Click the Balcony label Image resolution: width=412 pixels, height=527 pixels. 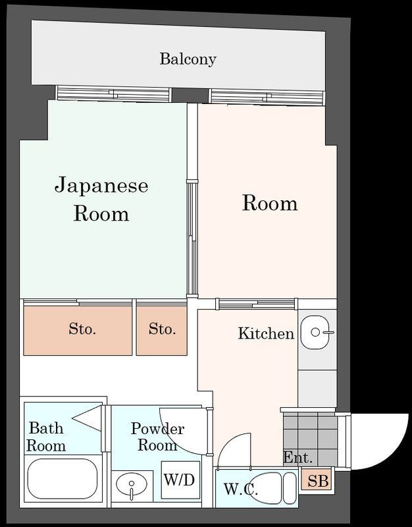coord(188,59)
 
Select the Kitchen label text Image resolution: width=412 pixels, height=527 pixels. coord(265,334)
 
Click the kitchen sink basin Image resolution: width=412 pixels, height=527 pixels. coord(317,333)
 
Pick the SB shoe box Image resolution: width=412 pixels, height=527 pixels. coord(317,482)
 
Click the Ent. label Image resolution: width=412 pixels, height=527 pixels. coord(297,458)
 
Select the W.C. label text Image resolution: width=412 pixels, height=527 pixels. coord(240,490)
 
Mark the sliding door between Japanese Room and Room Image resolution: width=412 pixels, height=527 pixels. coord(192,237)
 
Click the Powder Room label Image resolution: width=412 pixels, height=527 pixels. coord(157,437)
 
